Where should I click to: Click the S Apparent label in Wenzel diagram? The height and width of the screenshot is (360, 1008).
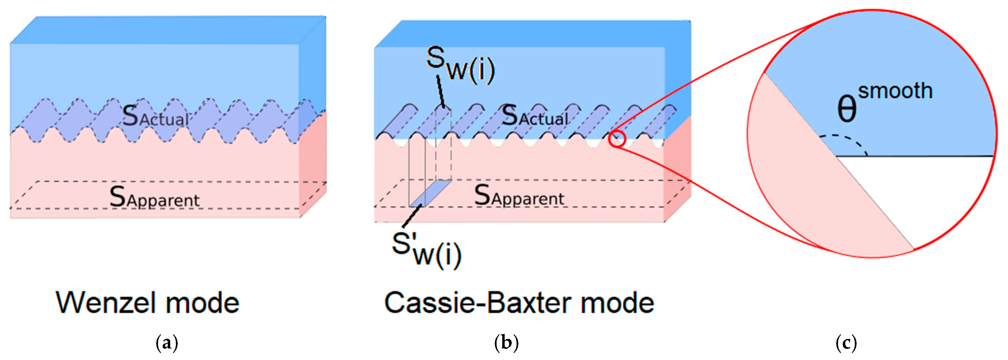(154, 198)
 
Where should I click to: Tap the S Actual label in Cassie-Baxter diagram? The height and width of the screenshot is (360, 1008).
(535, 116)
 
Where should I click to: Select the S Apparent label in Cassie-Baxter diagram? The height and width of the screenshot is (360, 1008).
(519, 196)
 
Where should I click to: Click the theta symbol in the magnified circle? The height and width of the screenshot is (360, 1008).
(846, 109)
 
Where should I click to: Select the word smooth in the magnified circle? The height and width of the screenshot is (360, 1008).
(895, 91)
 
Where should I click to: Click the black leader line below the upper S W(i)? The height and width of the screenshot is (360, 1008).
(440, 92)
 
